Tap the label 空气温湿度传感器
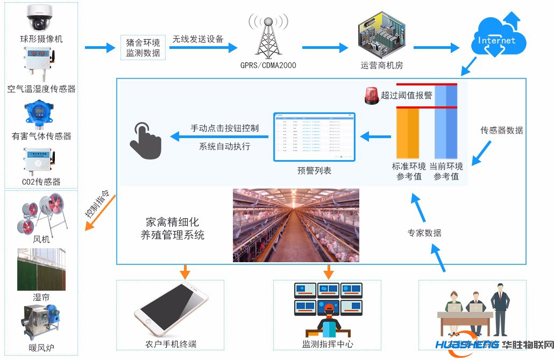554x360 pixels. [41, 89]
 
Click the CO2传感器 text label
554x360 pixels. [41, 182]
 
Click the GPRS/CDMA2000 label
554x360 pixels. [268, 66]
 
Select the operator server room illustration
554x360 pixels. [381, 40]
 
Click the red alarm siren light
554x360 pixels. [371, 96]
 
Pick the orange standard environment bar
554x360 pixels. [407, 132]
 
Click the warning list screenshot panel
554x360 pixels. [314, 137]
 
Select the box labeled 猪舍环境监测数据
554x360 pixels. [143, 47]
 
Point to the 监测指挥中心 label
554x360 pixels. [328, 344]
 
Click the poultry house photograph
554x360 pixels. [295, 225]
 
